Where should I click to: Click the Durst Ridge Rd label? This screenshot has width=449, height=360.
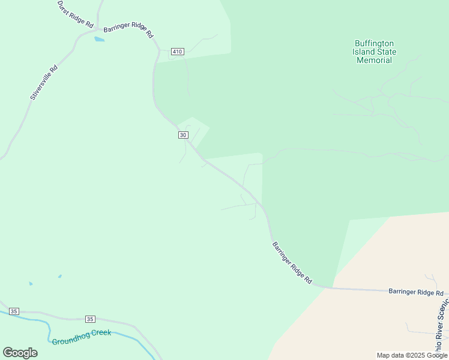76,14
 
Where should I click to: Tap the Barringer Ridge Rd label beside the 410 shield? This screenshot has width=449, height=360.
128,31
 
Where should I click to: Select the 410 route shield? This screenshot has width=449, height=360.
176,52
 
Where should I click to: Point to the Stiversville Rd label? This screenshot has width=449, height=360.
44,82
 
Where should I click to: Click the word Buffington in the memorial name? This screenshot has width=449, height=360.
374,43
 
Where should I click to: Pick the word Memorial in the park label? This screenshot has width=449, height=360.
374,60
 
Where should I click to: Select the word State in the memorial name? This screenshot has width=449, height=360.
387,52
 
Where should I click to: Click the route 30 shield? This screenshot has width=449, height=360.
183,135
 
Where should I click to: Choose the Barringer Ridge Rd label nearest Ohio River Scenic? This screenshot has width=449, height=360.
415,292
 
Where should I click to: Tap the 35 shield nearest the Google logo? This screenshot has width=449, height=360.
14,311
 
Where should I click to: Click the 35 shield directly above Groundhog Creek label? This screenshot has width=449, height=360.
90,319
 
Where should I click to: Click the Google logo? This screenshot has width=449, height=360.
20,353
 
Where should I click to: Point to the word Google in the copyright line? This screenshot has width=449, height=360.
436,355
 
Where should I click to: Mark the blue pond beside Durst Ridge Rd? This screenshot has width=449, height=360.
99,40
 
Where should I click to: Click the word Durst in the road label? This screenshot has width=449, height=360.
64,6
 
